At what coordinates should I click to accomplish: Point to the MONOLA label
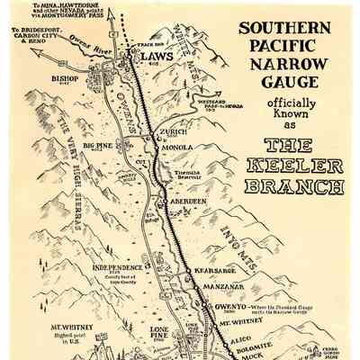click(x=181, y=149)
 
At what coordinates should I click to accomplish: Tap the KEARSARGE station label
click(x=215, y=270)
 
